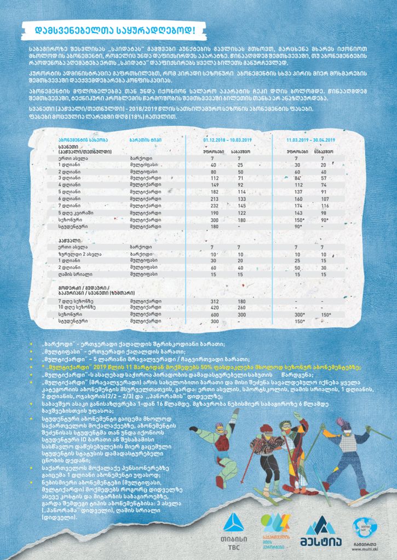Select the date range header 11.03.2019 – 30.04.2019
click(x=310, y=140)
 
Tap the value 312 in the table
click(x=214, y=301)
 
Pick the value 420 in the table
click(x=214, y=308)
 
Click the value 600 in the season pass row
click(x=214, y=315)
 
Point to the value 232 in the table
click(x=214, y=206)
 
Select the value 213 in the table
click(x=214, y=199)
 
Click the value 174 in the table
click(x=298, y=206)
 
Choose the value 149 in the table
click(x=214, y=185)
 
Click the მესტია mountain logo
click(x=321, y=529)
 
